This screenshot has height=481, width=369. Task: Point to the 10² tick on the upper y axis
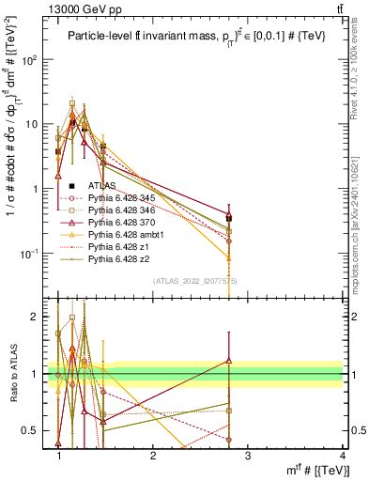[x=37, y=59]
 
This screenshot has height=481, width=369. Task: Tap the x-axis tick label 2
[x=153, y=456]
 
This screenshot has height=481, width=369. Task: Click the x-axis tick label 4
[x=342, y=456]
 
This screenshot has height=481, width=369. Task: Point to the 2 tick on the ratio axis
[x=38, y=317]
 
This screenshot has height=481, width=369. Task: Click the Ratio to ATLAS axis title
[x=12, y=373]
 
